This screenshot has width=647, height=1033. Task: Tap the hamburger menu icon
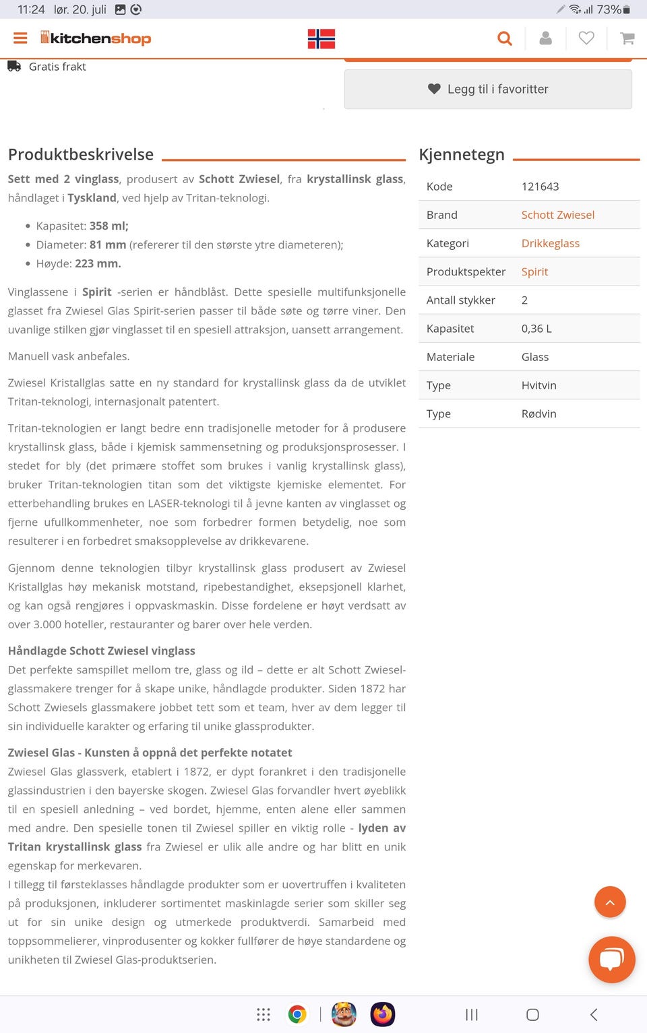(x=20, y=38)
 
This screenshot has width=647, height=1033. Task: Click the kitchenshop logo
(x=96, y=38)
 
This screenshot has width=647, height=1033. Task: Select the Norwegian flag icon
(x=321, y=39)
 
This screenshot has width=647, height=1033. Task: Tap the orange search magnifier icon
(x=504, y=39)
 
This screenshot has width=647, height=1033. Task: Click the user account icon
(x=546, y=39)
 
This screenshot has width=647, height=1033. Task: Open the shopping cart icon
(x=627, y=39)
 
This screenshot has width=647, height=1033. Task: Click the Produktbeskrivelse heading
(x=81, y=154)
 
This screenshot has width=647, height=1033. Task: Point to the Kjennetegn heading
(x=462, y=154)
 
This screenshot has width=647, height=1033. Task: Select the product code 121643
(x=540, y=187)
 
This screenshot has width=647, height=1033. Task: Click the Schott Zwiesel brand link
(x=557, y=215)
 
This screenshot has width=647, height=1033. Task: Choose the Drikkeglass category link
(x=550, y=243)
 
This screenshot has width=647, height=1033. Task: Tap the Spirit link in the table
(x=534, y=271)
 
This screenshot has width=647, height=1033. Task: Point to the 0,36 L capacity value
(x=536, y=329)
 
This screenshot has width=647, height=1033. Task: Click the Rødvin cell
(x=538, y=413)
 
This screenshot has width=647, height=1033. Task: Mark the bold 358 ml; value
(x=109, y=226)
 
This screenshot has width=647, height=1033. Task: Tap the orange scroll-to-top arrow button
(x=610, y=902)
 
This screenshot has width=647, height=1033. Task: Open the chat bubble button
(x=611, y=959)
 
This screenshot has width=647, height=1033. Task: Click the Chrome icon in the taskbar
(x=297, y=1014)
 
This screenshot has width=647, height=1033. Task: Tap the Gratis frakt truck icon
(x=14, y=66)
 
